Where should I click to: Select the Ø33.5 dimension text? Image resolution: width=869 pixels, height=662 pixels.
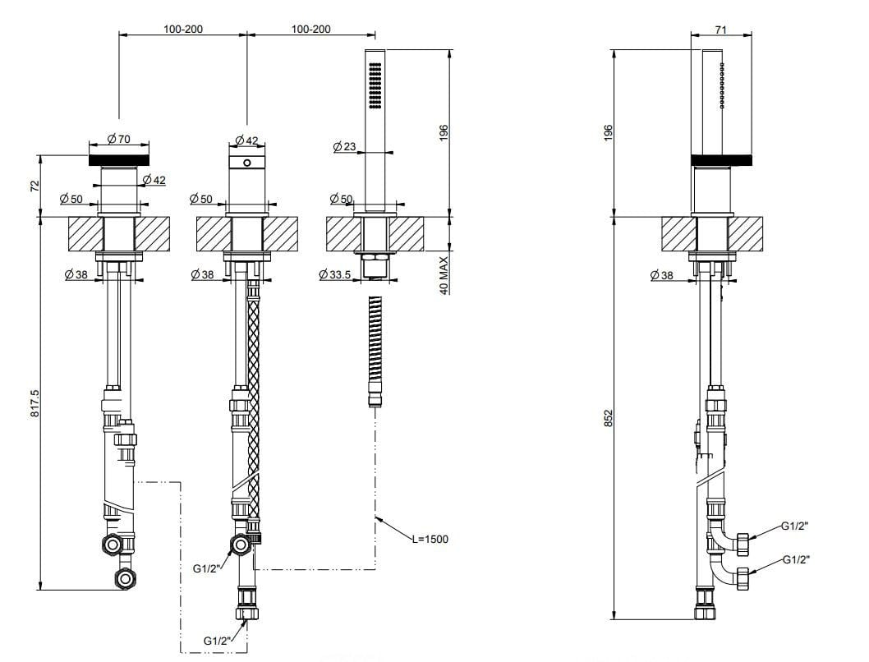point(335,275)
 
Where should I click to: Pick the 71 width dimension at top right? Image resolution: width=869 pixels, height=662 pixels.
point(720,29)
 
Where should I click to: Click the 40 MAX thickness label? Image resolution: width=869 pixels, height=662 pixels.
point(444,275)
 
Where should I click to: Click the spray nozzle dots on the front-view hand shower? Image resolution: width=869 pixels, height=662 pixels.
point(375,87)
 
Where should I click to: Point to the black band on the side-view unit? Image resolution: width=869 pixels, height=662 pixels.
point(722,160)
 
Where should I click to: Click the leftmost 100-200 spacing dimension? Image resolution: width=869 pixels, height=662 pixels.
point(183,29)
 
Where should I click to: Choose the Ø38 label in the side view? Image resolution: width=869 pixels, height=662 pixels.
point(662,275)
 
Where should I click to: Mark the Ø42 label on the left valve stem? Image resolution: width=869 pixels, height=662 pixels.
point(154,180)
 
